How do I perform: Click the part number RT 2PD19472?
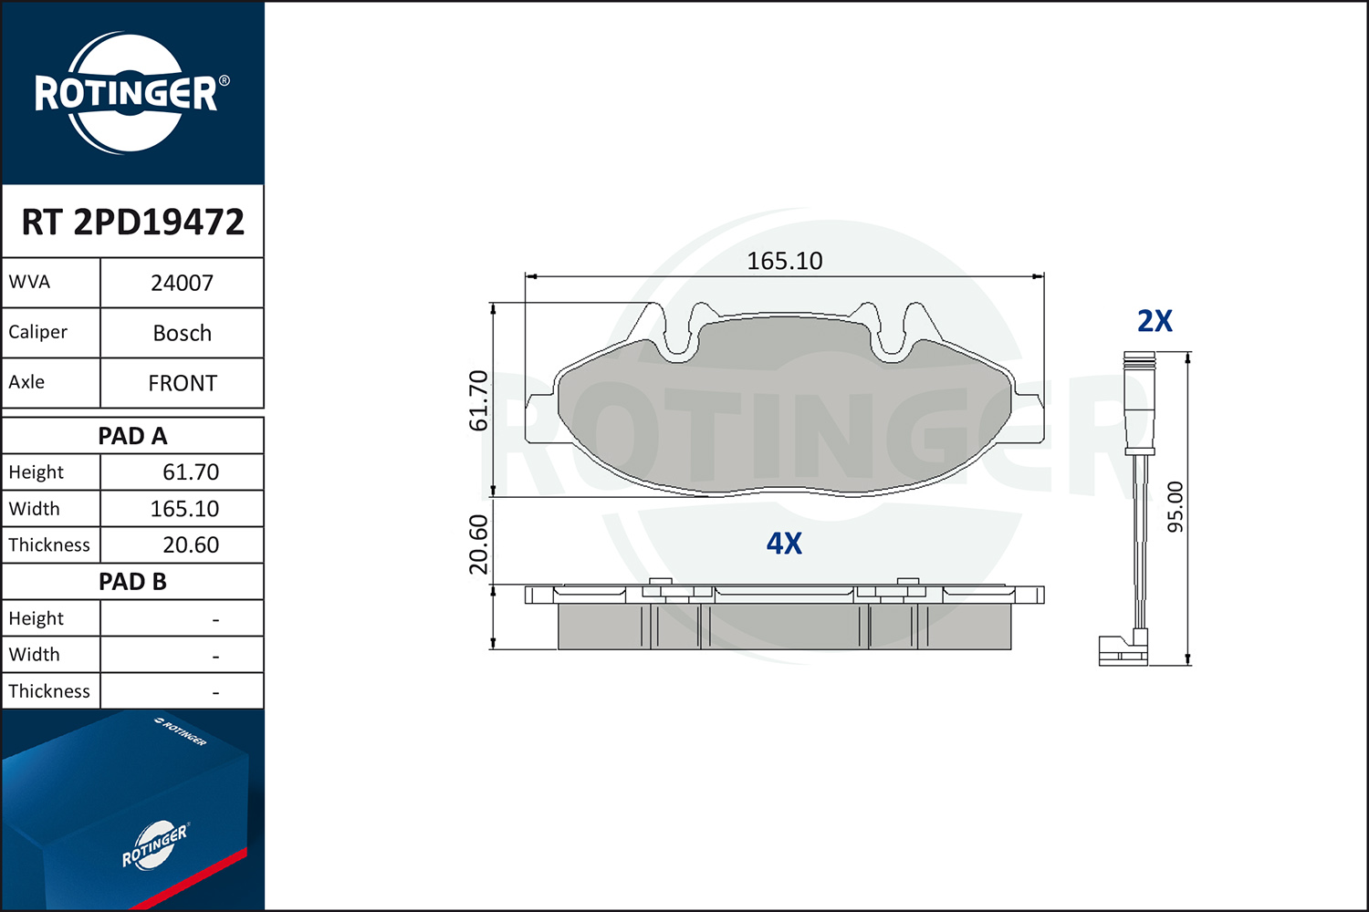click(132, 222)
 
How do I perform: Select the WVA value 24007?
click(183, 284)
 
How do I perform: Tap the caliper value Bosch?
click(183, 334)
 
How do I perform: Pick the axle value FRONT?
click(183, 384)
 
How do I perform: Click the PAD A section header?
click(132, 436)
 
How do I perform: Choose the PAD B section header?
click(132, 582)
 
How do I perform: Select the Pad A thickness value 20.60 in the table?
click(191, 544)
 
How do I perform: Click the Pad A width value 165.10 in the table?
click(184, 509)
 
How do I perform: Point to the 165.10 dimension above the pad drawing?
click(785, 261)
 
